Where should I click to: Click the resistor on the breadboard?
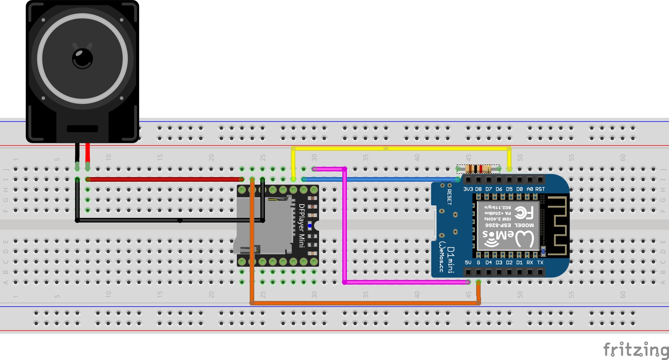click(x=478, y=169)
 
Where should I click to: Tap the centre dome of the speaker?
click(x=82, y=58)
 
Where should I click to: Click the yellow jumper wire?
click(x=400, y=148)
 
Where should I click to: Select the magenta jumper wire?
click(x=345, y=229)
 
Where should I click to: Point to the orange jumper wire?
click(x=362, y=303)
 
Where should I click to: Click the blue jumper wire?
click(x=381, y=179)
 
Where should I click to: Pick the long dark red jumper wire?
click(x=164, y=179)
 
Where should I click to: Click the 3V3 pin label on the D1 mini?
click(x=468, y=189)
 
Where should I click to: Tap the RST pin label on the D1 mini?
click(x=540, y=189)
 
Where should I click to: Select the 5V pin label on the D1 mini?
click(x=468, y=262)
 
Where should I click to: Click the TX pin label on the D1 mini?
click(x=540, y=262)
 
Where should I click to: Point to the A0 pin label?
click(x=529, y=189)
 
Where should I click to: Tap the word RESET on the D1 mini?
click(x=449, y=197)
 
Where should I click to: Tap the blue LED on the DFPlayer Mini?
click(x=310, y=226)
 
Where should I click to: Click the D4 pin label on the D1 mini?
click(x=489, y=262)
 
